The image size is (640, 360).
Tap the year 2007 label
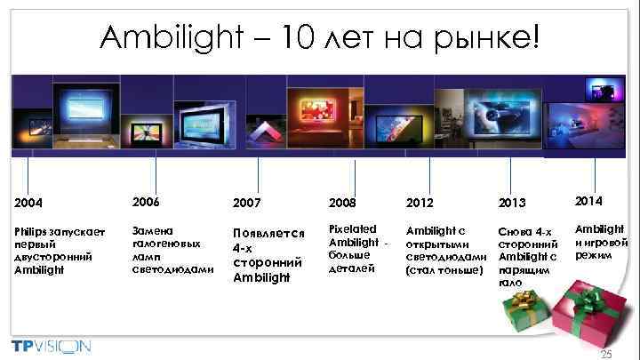click(246, 204)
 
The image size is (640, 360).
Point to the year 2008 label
click(342, 204)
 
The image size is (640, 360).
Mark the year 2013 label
click(512, 204)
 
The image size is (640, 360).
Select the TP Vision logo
click(52, 345)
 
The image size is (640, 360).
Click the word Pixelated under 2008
click(352, 228)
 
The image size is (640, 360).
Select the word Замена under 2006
click(150, 228)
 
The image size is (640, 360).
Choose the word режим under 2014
click(592, 255)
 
